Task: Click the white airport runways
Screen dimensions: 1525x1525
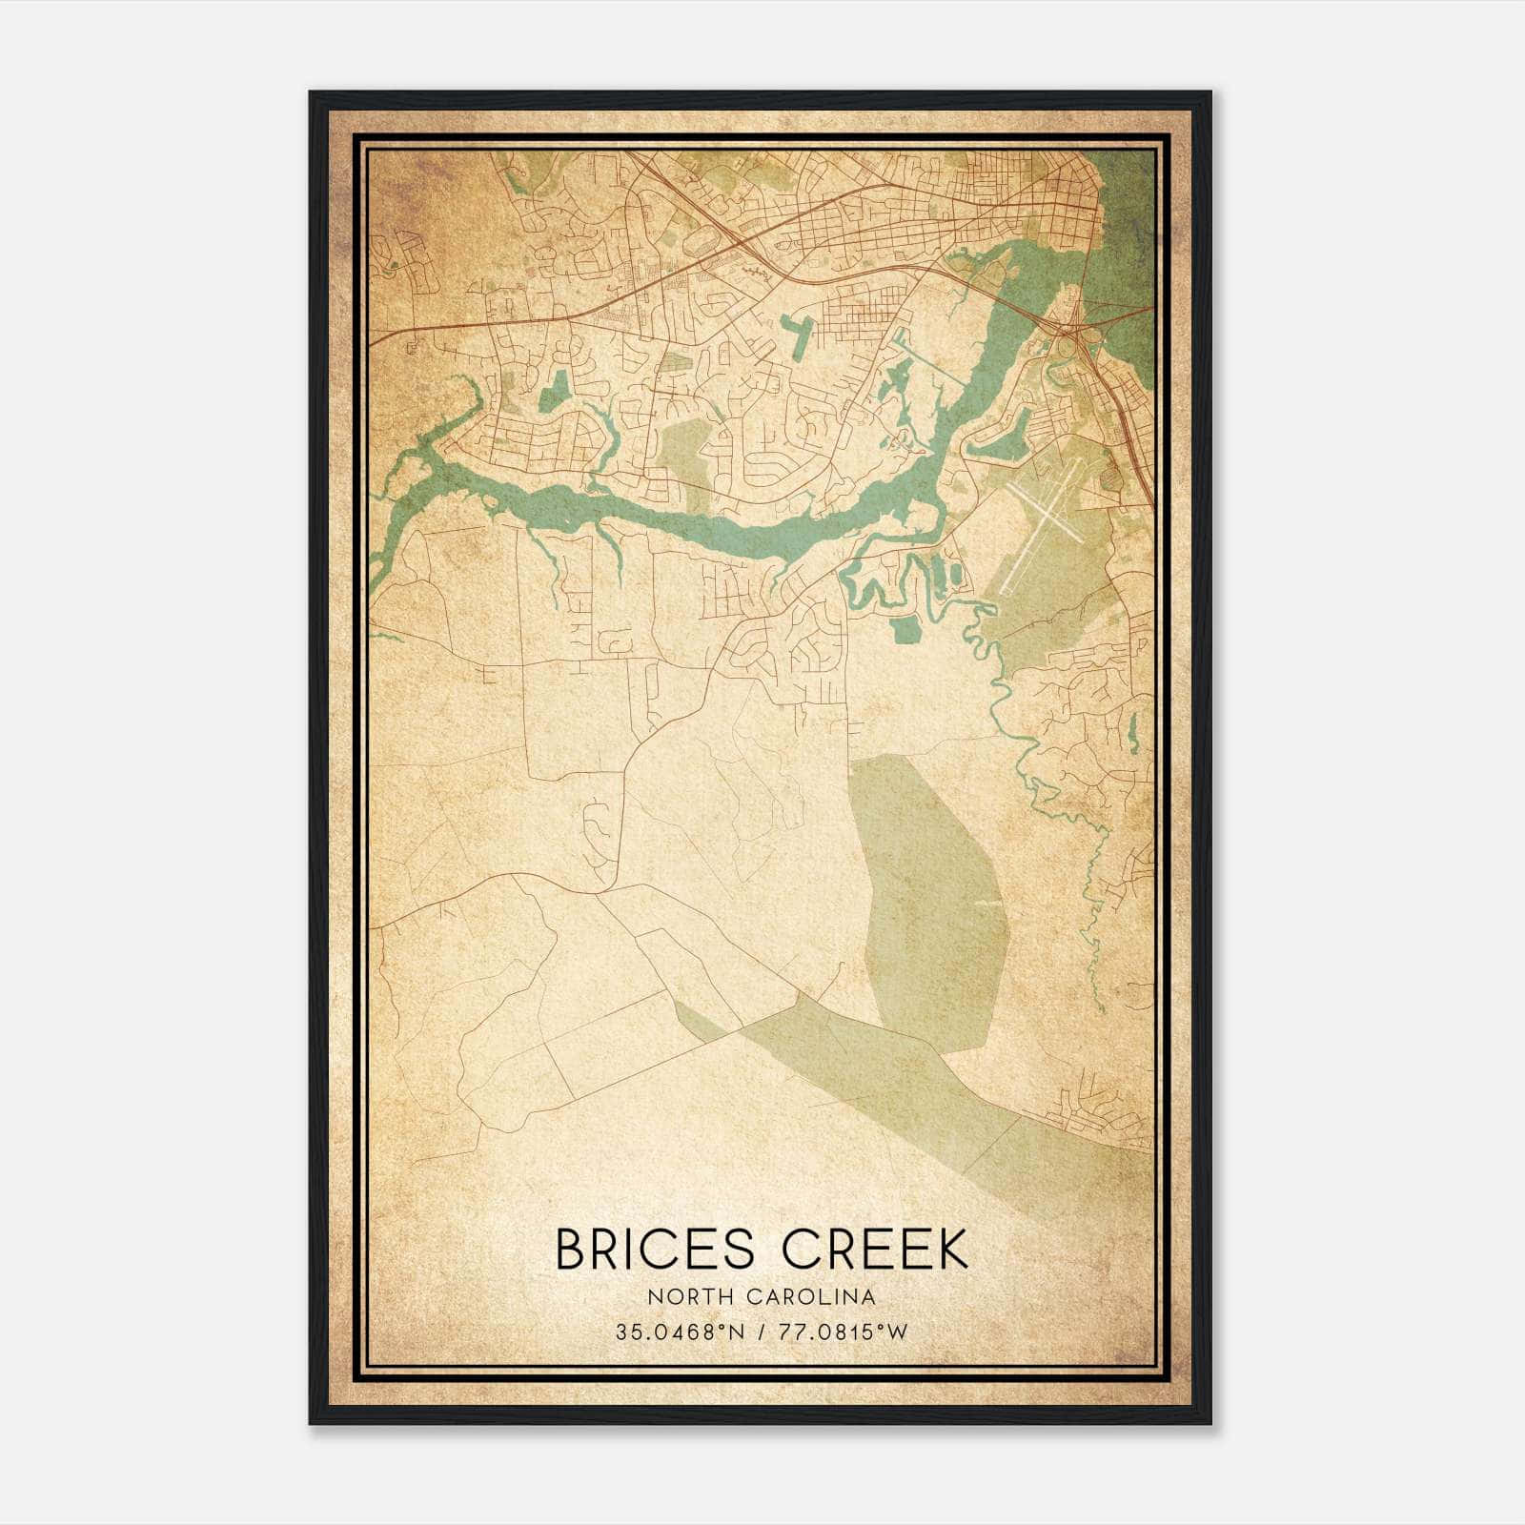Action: tap(1047, 510)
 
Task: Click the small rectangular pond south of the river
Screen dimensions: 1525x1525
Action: tap(905, 628)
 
